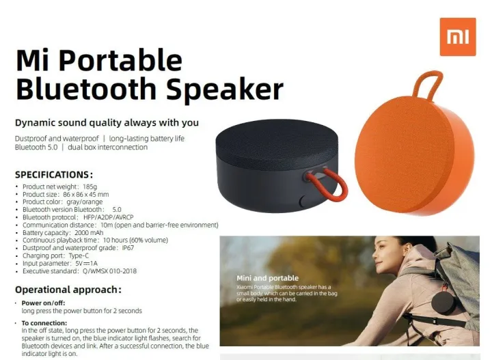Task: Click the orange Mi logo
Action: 458,37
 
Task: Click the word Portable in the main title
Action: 120,61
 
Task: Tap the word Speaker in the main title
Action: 225,89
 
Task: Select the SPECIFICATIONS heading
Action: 54,175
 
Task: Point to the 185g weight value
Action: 90,186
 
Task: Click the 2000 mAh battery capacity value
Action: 89,233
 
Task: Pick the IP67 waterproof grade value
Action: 128,248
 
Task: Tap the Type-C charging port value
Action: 79,255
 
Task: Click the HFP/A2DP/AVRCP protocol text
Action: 108,217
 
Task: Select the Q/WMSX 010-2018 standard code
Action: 110,271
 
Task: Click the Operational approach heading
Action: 68,290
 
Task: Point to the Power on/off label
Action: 43,303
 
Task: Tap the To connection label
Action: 44,323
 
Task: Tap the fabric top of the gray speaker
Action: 277,143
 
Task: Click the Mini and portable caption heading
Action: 268,278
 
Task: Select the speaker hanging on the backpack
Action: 443,303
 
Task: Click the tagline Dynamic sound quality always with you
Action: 107,122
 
